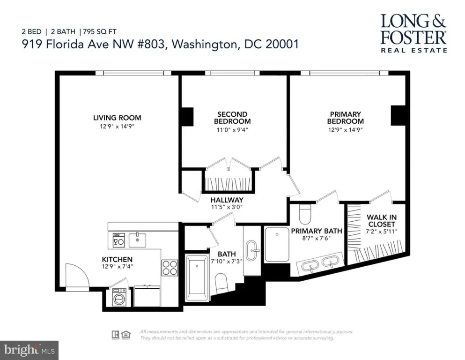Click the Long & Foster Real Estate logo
click(413, 33)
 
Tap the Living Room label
click(117, 118)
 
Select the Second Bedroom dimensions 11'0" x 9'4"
click(232, 130)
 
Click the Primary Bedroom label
click(346, 118)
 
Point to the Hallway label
click(227, 200)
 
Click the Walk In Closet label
click(382, 220)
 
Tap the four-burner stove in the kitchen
click(170, 268)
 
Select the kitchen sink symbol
click(137, 240)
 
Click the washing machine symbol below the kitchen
click(119, 297)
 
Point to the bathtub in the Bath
click(197, 277)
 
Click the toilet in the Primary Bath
click(304, 214)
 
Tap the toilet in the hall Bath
click(221, 283)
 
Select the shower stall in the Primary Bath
click(277, 244)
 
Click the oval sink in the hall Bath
click(251, 250)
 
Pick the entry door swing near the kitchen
click(77, 275)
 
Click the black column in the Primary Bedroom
click(398, 115)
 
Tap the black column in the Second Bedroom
click(187, 117)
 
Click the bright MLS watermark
click(30, 350)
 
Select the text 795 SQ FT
click(100, 31)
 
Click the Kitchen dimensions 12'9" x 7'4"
click(117, 267)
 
